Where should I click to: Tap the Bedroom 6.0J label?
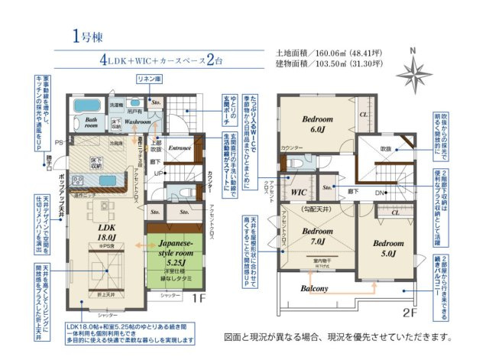click(x=316, y=125)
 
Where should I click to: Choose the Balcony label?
click(x=314, y=288)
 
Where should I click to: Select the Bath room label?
click(x=91, y=122)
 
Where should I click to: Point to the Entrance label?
click(x=180, y=148)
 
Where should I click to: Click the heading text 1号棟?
click(x=87, y=35)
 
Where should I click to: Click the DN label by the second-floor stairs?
click(x=380, y=192)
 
